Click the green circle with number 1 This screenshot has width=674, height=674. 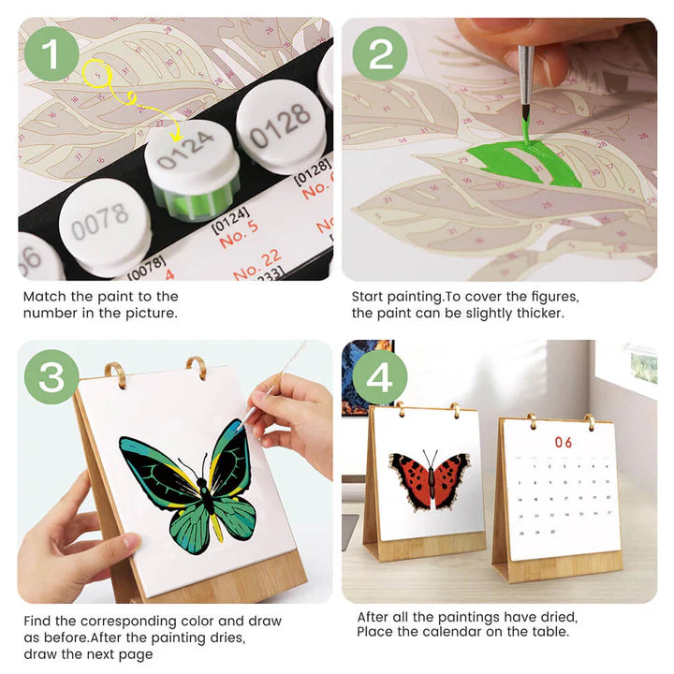coord(51,52)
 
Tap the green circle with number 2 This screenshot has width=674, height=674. coord(381,52)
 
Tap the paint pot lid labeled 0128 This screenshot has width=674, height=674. coord(280,119)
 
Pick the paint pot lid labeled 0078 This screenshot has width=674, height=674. coord(99,223)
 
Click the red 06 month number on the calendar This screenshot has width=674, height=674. coord(563,442)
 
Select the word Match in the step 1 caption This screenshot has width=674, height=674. coord(45,296)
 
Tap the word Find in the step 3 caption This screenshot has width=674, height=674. coord(39,621)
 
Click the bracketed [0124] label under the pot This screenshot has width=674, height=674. coord(227,224)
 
